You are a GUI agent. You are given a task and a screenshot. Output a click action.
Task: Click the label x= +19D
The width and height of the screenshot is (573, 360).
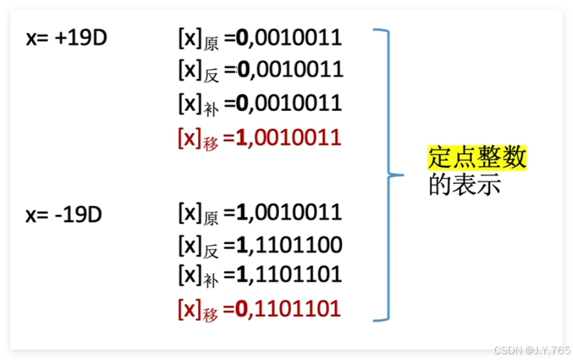[67, 38]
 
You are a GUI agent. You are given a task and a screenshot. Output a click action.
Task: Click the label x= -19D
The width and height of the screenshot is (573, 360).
[64, 215]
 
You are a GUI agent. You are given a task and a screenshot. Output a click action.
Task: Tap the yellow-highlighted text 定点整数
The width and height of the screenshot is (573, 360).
[477, 157]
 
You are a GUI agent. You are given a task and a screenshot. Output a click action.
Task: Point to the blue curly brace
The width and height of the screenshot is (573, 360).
[388, 174]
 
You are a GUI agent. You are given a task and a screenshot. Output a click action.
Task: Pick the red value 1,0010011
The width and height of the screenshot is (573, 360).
[289, 137]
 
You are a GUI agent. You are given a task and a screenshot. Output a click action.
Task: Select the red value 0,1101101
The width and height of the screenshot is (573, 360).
[289, 308]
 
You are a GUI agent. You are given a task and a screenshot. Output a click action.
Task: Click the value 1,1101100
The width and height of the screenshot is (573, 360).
[290, 245]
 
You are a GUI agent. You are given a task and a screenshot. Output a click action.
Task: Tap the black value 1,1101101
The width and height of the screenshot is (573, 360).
[289, 274]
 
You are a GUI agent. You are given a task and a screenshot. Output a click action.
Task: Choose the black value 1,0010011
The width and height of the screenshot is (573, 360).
[289, 212]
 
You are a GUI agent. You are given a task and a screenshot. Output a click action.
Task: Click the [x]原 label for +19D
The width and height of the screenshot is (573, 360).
[198, 39]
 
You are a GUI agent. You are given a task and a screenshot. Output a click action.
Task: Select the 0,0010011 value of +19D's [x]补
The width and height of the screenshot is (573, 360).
[289, 102]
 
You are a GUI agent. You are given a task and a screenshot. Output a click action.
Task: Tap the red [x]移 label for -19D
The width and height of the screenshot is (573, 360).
[198, 309]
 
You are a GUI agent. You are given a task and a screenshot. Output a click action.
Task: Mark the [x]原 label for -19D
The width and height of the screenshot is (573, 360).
[198, 214]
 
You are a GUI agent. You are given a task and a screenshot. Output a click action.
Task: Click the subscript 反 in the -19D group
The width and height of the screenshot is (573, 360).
[211, 251]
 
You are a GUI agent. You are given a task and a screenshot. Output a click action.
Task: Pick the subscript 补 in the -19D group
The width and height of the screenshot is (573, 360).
[211, 280]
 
